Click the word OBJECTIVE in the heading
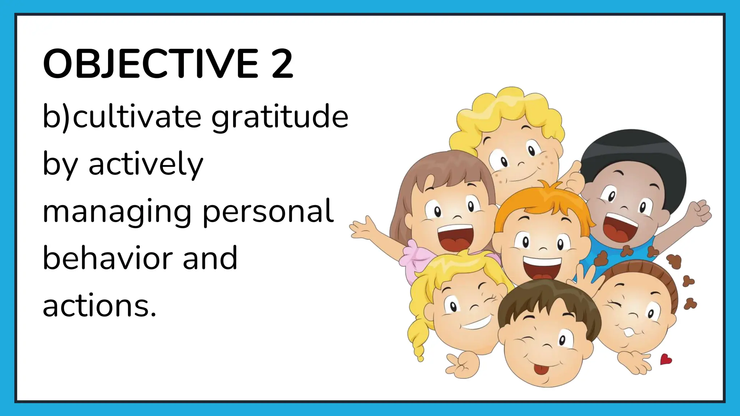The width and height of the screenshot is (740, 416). pos(150,64)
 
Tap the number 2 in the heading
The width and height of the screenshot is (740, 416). pos(282,64)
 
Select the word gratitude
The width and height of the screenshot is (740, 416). pos(280,117)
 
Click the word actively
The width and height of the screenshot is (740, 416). pos(146,164)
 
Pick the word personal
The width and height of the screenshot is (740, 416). pos(268,211)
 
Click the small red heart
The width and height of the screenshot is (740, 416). pos(666,360)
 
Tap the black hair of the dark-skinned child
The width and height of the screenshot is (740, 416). pos(632,152)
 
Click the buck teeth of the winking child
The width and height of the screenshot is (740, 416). pos(629,331)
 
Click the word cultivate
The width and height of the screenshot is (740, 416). pos(137,117)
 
